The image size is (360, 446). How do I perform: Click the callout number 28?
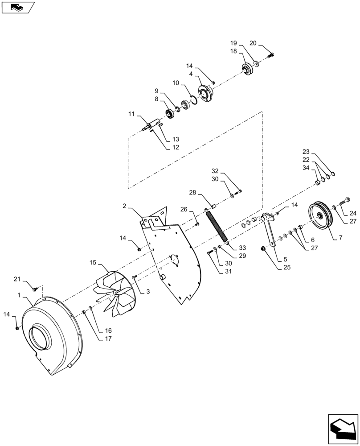click(192, 193)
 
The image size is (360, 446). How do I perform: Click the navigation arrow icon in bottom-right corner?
click(343, 429)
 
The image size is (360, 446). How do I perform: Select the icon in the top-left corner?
click(17, 7)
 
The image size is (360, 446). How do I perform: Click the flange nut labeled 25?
click(264, 248)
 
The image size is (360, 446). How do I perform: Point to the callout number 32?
click(215, 171)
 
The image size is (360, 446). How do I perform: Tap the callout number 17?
click(108, 339)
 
